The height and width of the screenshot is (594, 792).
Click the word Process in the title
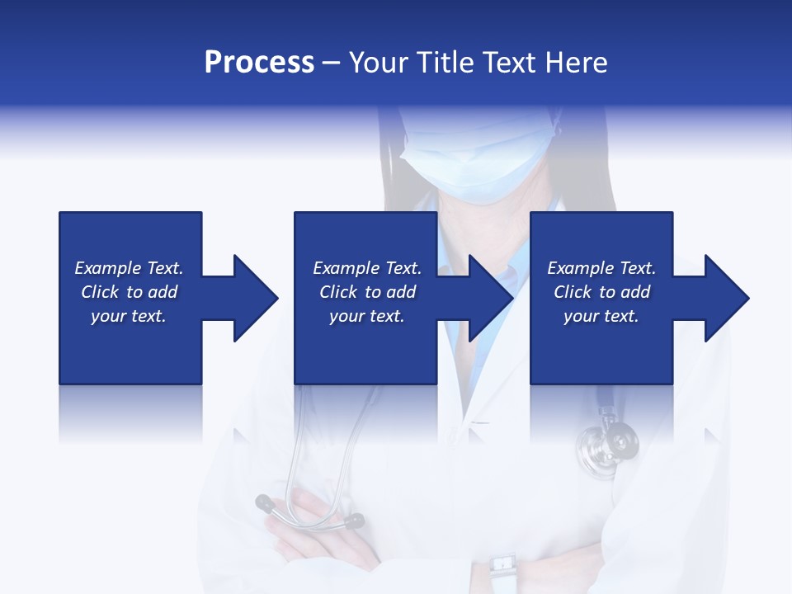point(259,63)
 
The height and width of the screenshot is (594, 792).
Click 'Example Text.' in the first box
point(129,268)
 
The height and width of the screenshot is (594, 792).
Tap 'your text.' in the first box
point(129,316)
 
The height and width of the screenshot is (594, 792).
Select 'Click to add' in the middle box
point(367,292)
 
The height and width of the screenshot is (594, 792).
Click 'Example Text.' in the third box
point(601,268)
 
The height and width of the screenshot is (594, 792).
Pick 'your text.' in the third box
point(601,316)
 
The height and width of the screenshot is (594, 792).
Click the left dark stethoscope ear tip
point(265,501)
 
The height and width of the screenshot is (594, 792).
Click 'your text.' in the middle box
point(367,316)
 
